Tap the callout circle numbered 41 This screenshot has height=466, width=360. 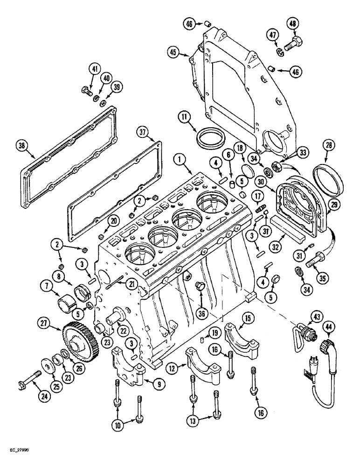click(x=95, y=69)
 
